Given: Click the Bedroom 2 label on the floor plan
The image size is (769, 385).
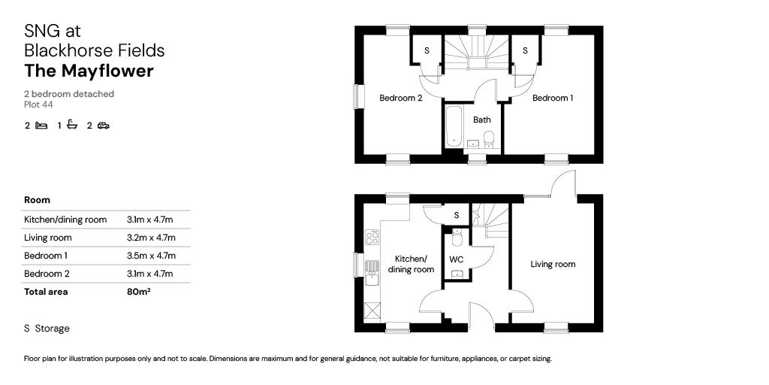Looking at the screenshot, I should click(400, 99).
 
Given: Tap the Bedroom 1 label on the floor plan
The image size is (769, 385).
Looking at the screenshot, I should click(553, 99).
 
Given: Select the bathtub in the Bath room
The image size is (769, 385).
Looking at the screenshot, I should click(453, 126).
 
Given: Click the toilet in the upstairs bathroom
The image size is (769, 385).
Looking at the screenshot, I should click(489, 139).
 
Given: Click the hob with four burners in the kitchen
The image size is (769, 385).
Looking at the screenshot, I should click(371, 238).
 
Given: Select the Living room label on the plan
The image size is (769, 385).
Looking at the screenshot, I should click(553, 264).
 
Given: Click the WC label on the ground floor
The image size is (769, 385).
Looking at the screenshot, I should click(457, 259).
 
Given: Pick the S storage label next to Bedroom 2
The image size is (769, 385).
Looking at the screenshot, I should click(427, 51).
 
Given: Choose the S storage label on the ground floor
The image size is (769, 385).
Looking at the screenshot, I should click(456, 216).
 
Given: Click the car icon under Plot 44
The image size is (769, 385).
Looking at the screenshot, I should click(103, 126).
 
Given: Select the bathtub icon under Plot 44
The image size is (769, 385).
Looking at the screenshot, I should click(72, 125).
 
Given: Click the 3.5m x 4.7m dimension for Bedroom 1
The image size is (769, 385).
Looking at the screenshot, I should click(150, 256).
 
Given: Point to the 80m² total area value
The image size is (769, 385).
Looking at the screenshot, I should click(139, 292).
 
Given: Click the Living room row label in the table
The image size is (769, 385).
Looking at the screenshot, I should click(48, 238).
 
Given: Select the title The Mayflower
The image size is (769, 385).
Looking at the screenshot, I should click(89, 71).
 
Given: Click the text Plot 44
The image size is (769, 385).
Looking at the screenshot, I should click(38, 105).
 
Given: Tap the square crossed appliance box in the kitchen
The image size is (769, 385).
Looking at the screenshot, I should click(371, 308).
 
